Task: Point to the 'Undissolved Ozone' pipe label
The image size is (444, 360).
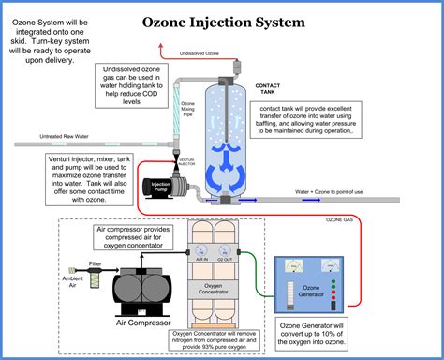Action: pos(200,54)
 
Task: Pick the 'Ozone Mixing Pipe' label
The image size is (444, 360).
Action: pos(187,109)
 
